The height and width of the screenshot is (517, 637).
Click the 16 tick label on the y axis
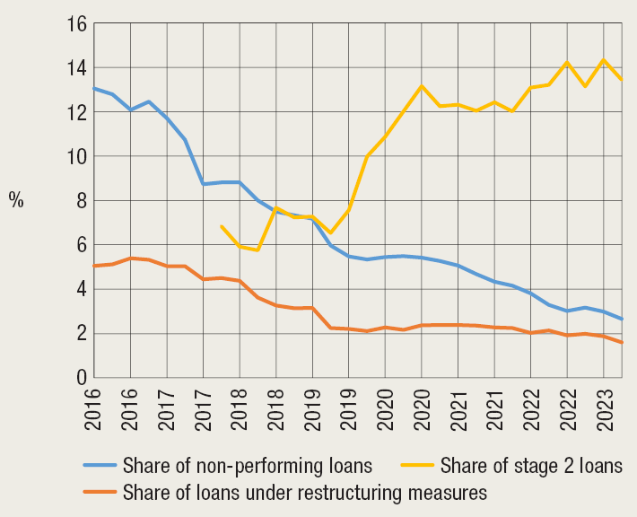[x=75, y=25]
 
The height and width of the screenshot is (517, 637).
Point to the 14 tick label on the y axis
[x=75, y=69]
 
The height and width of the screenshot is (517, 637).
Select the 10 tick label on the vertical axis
[x=75, y=157]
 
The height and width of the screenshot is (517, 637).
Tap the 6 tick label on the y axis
[x=80, y=245]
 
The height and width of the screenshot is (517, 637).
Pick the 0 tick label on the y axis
[x=80, y=378]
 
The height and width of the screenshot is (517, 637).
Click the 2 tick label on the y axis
[x=80, y=334]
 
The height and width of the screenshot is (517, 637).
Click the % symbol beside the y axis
[x=17, y=201]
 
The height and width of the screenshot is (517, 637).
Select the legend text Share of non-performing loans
[x=247, y=466]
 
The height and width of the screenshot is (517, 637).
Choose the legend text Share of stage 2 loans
[x=531, y=466]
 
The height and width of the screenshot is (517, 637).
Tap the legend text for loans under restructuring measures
[x=304, y=492]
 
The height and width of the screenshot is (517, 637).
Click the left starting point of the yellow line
[x=222, y=226]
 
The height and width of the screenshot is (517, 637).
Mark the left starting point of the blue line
[x=94, y=89]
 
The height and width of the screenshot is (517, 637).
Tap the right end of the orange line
[x=623, y=343]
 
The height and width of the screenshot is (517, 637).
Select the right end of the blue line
[x=623, y=320]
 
